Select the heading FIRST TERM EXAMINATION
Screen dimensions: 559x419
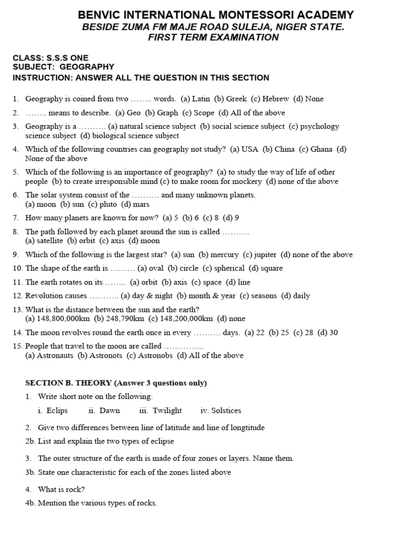click(x=213, y=38)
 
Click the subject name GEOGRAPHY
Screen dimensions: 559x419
click(x=87, y=67)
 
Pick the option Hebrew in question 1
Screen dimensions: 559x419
click(x=276, y=99)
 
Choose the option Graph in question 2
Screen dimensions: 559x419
click(x=167, y=112)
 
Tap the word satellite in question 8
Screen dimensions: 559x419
click(x=50, y=240)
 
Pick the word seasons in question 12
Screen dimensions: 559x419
click(x=264, y=296)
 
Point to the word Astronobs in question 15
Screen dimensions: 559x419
click(x=154, y=355)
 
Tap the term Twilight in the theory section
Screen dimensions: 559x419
click(x=167, y=411)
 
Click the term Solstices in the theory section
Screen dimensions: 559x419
click(x=226, y=411)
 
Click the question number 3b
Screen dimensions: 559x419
click(x=29, y=472)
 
